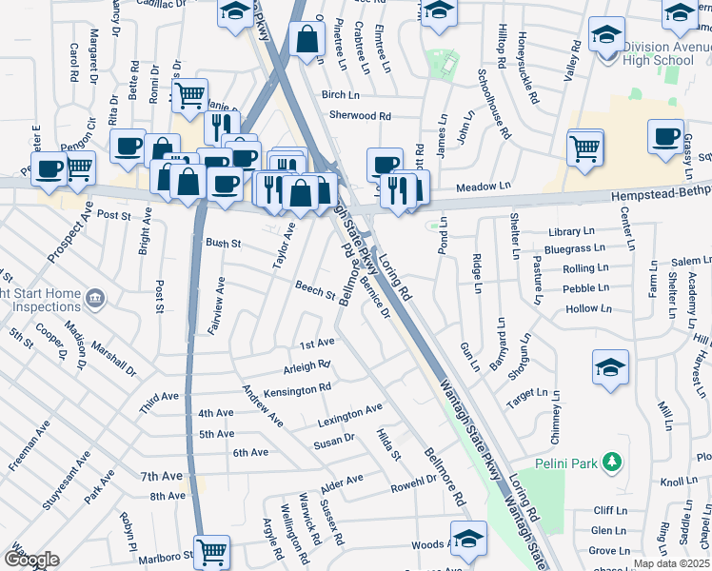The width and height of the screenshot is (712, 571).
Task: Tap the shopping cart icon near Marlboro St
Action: (211, 550)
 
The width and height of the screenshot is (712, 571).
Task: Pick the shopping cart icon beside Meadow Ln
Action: (585, 147)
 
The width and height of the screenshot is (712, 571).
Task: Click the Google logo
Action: (31, 560)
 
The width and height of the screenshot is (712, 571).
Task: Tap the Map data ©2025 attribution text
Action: (671, 563)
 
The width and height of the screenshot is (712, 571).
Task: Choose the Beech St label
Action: (314, 289)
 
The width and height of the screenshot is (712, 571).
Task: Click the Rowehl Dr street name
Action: (412, 487)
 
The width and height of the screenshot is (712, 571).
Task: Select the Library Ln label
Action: (571, 232)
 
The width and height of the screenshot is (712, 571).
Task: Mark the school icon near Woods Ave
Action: (467, 538)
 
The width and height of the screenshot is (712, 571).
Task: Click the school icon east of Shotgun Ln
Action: (610, 367)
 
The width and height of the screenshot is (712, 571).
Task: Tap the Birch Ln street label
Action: (340, 94)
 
